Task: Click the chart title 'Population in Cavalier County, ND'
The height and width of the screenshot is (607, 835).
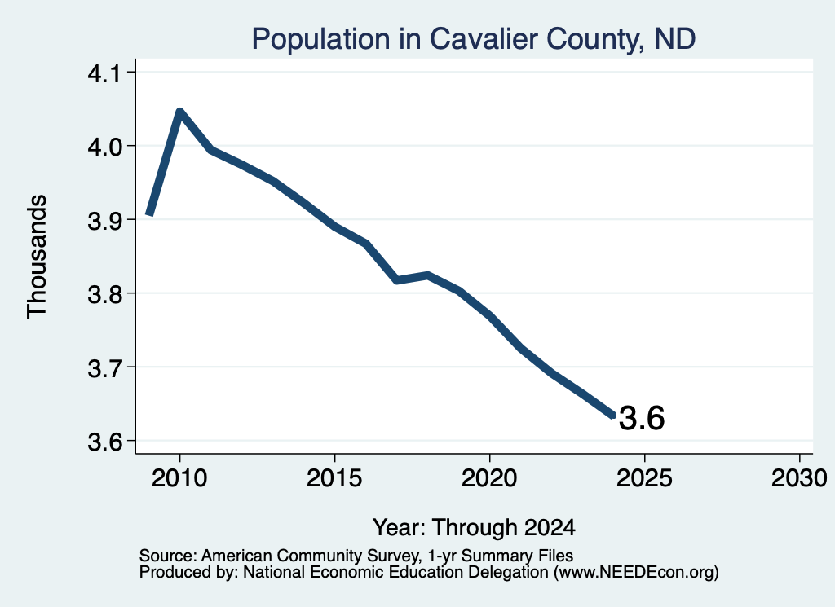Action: coord(474,39)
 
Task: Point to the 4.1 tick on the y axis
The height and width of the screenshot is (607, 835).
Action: coord(104,73)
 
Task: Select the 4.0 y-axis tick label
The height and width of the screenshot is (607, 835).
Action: coord(104,147)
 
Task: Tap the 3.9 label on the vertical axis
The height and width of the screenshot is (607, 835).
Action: coord(104,220)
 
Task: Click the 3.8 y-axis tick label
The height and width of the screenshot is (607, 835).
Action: coord(104,293)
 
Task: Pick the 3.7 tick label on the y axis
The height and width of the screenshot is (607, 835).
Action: coord(104,367)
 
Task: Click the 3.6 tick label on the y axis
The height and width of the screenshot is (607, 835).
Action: coord(104,441)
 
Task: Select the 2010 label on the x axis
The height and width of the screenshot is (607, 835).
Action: coord(179,477)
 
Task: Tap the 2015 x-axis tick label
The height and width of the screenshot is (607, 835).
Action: coord(334,477)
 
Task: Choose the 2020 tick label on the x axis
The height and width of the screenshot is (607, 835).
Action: coord(489,477)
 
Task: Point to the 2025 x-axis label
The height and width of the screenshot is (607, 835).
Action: coord(644,477)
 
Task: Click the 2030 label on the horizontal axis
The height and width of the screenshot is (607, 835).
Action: coord(799,477)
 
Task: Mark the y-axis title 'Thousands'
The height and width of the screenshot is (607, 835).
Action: coord(37,257)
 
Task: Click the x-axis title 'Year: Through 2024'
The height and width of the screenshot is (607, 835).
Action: coord(474,527)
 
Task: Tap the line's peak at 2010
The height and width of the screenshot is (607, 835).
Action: coord(179,111)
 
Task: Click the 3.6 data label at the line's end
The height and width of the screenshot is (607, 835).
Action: coord(642,418)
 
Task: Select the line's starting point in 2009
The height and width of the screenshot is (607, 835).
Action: coord(150,213)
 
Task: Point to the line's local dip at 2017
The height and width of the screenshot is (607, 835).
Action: coord(397,279)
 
